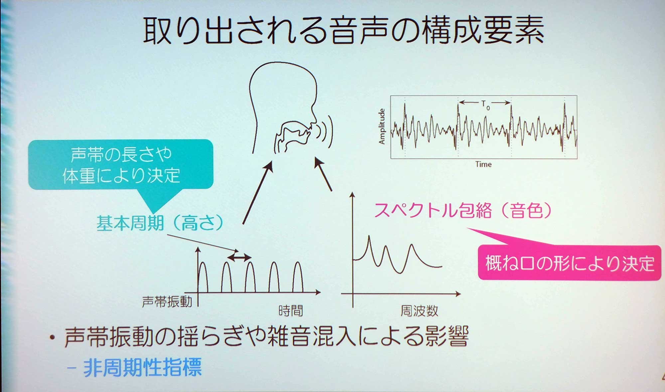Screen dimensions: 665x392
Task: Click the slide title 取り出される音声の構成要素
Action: point(343,31)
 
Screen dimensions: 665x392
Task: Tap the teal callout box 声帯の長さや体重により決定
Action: point(120,165)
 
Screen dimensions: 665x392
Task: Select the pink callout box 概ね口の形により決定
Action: point(569,263)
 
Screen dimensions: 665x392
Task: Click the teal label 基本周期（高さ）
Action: point(160,222)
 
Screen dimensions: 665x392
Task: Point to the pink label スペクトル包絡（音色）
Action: point(463,210)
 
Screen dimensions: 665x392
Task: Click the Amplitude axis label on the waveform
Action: point(382,126)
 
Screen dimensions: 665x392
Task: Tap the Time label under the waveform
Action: point(483,164)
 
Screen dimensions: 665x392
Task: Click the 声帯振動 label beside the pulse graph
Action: point(167,302)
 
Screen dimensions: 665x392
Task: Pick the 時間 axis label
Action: point(291,311)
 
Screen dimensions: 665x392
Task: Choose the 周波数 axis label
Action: point(419,311)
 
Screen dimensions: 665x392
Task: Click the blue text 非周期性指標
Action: point(142,367)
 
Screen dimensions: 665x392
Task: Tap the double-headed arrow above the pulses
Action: point(239,257)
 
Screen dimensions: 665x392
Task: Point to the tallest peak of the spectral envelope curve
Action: point(369,237)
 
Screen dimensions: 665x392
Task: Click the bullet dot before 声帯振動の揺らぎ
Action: point(52,338)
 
